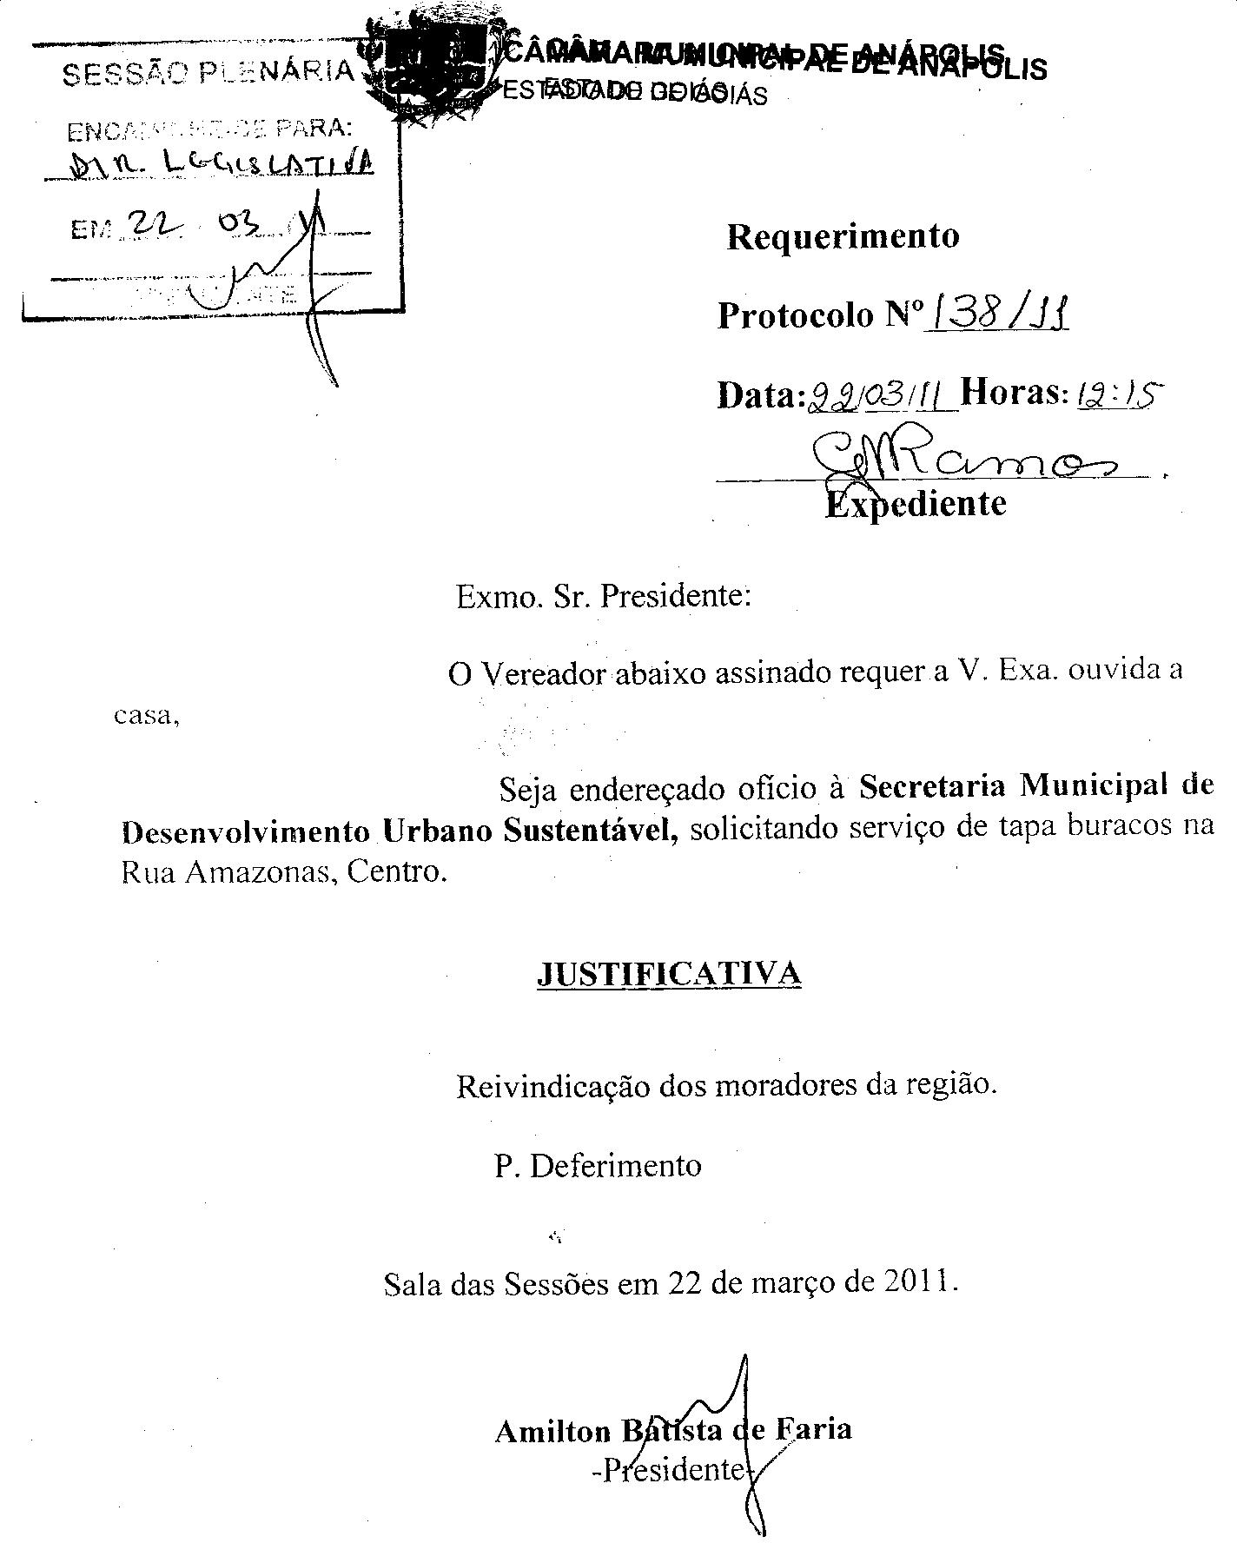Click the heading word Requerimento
[843, 236]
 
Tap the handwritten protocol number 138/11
[997, 313]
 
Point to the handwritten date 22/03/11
[882, 395]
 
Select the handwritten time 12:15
[1118, 395]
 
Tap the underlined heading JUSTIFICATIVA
[669, 973]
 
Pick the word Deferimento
[615, 1165]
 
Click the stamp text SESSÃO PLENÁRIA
[208, 73]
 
